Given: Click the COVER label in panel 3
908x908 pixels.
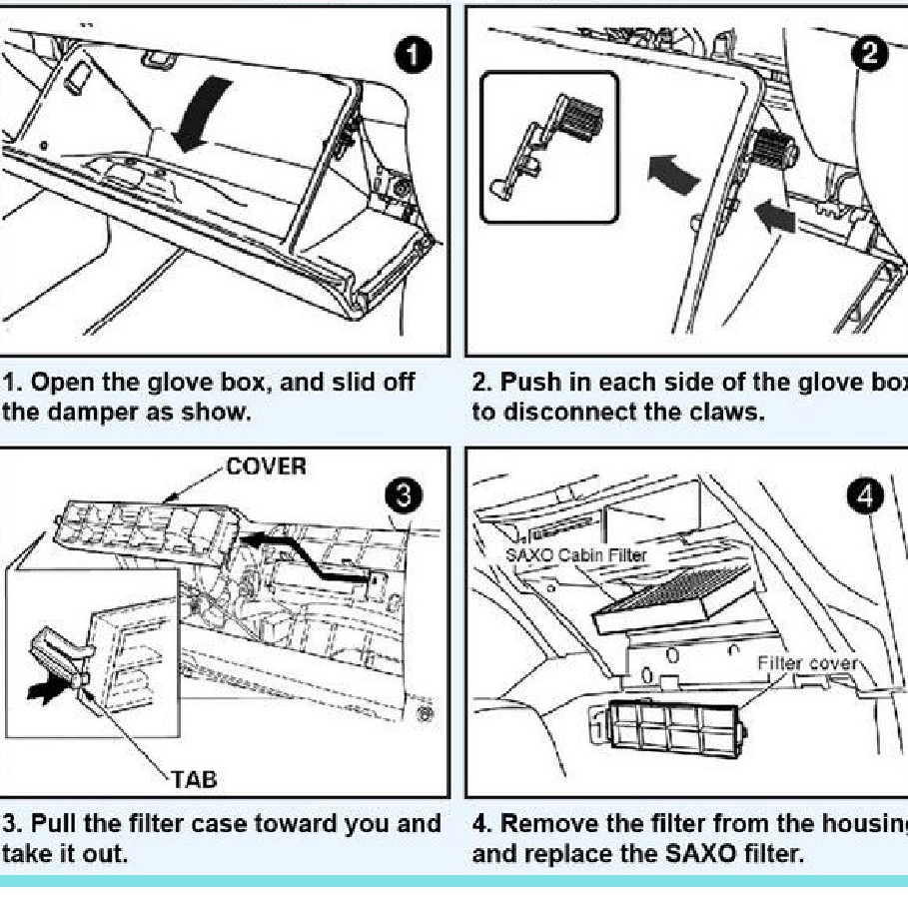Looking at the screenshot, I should point(266,467).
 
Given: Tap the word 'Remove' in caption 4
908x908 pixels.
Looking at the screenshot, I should point(539,824).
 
